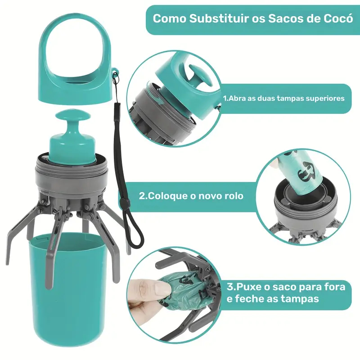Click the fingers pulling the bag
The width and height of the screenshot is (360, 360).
coord(144,292)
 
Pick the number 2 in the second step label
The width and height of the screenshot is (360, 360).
coord(142,196)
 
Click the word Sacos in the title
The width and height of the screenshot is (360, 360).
coord(279,19)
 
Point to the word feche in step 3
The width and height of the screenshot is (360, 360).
coord(247,299)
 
